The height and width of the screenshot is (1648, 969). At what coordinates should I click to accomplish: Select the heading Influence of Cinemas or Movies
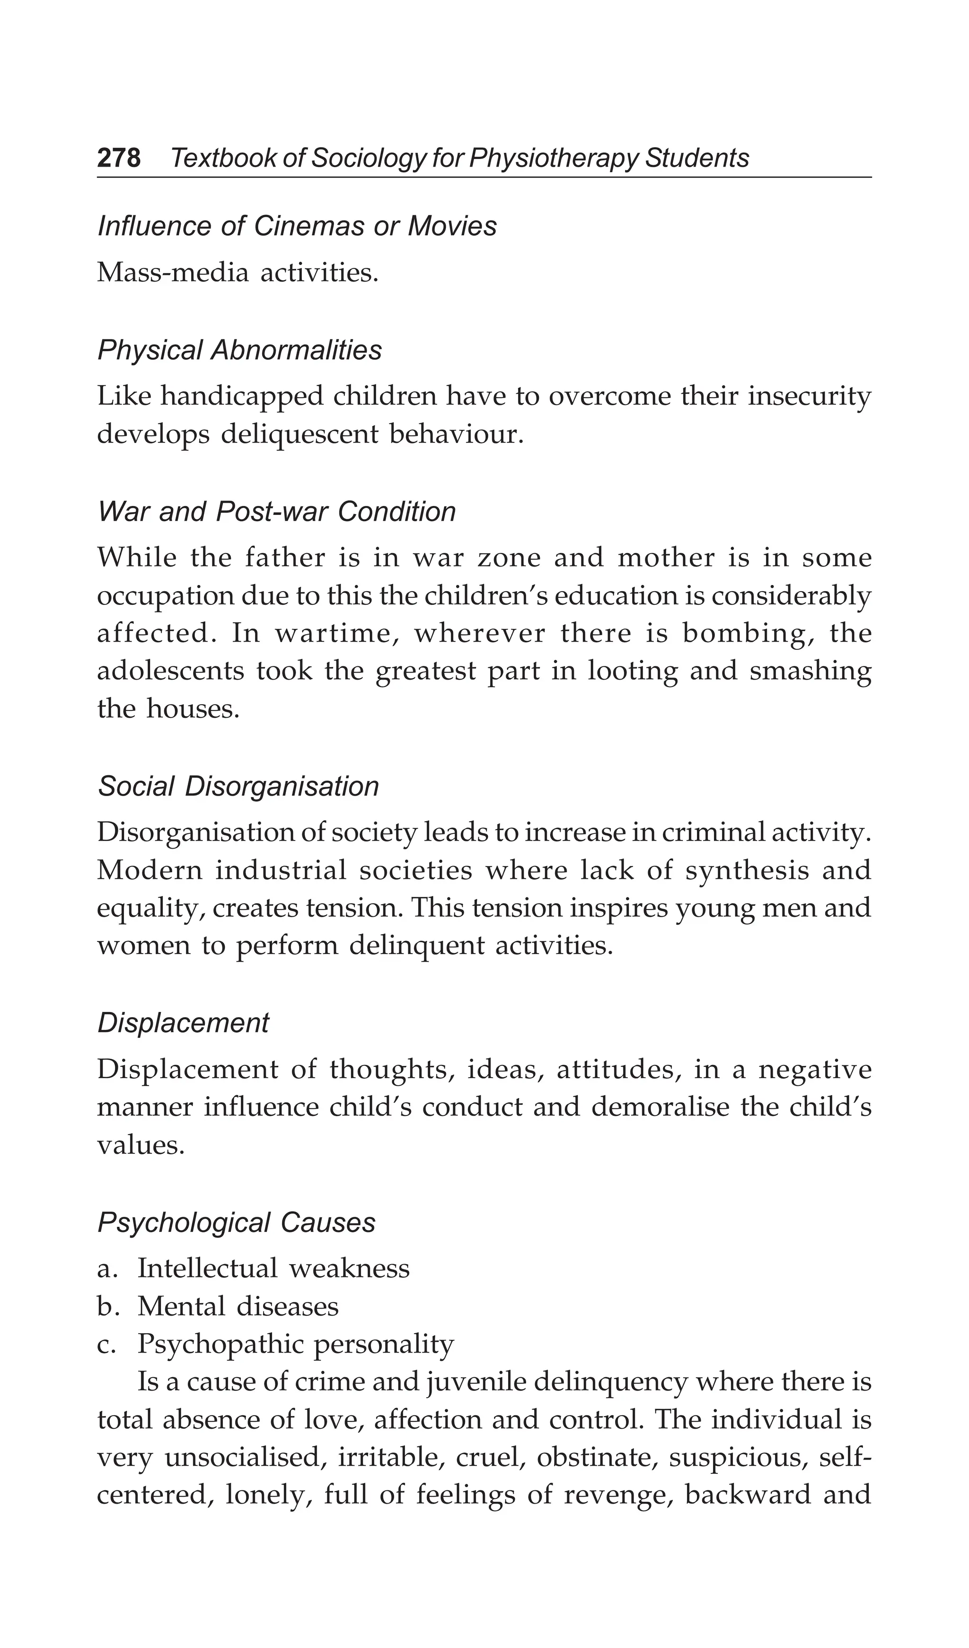(297, 226)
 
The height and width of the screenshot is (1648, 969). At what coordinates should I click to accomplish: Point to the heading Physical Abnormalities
(239, 351)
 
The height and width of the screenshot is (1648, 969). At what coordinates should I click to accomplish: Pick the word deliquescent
(300, 434)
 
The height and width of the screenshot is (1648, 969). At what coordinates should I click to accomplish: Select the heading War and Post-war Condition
(277, 512)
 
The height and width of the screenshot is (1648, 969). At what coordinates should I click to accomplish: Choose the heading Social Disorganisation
(238, 787)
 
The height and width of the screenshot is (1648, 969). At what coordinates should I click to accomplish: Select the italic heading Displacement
(183, 1023)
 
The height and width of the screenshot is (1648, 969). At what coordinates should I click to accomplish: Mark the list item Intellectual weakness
(273, 1269)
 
